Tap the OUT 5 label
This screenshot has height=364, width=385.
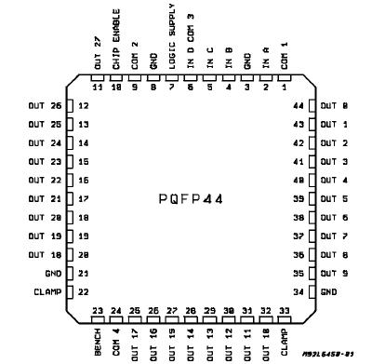(x=334, y=198)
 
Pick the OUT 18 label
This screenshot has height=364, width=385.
(x=44, y=254)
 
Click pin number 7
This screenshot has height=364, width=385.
(x=171, y=87)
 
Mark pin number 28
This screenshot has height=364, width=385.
(x=191, y=310)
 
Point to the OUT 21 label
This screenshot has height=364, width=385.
(x=44, y=198)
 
